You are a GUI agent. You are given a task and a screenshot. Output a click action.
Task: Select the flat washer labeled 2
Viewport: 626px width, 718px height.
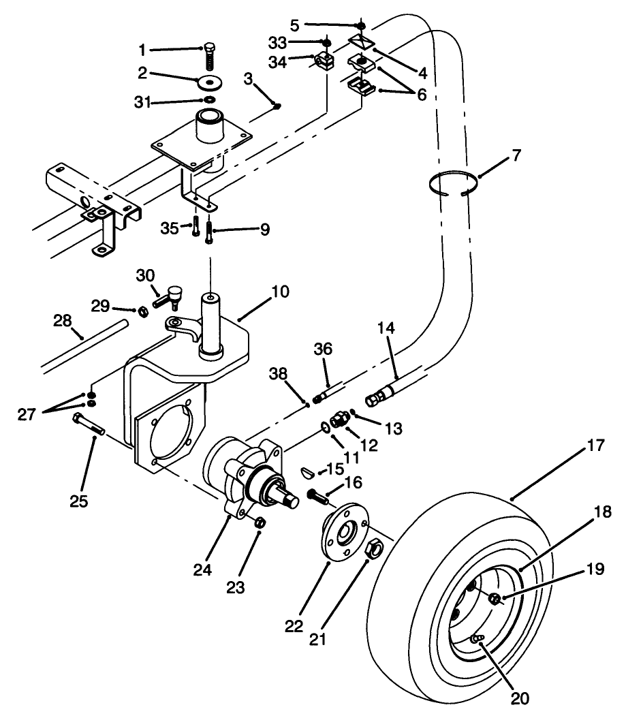click(210, 82)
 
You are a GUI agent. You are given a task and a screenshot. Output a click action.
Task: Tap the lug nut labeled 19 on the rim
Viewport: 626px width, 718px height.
click(496, 599)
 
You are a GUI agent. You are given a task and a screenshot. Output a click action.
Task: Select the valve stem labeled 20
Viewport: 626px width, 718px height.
click(478, 638)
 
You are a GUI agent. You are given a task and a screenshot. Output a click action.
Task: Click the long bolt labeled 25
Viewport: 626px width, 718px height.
click(88, 427)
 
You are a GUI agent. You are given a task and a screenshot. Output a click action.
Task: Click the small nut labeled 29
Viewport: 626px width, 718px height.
click(144, 311)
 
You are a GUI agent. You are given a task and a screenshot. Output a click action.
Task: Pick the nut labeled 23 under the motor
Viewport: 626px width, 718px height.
click(260, 522)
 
